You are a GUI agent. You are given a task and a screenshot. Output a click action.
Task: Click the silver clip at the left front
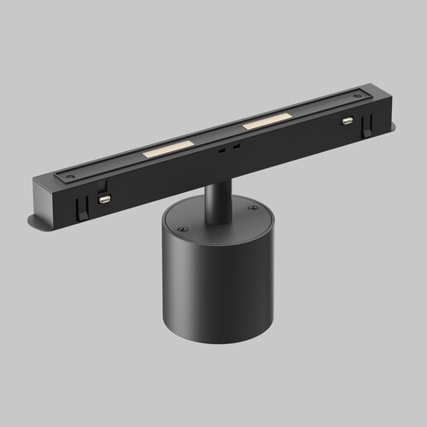(105, 198)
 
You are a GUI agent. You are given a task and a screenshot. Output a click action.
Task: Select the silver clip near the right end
(348, 120)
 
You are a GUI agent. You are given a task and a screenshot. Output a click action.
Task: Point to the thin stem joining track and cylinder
(216, 196)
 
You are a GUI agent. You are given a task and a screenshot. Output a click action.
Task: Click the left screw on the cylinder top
(182, 229)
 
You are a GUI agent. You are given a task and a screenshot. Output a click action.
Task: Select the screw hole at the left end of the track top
(69, 177)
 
